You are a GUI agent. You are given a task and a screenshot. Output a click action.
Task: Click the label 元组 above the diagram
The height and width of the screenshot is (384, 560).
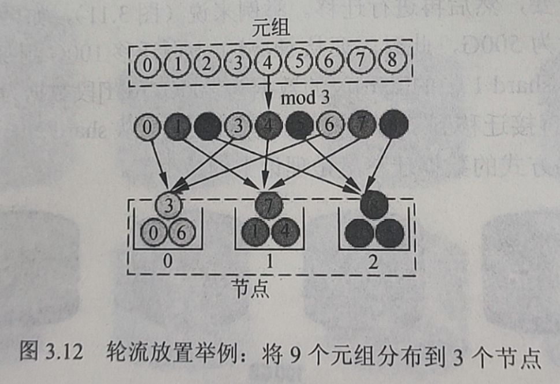(x=270, y=29)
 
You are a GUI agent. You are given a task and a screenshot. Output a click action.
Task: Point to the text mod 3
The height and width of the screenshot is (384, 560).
(x=305, y=98)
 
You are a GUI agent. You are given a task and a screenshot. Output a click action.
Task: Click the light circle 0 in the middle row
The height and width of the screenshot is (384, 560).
(x=148, y=125)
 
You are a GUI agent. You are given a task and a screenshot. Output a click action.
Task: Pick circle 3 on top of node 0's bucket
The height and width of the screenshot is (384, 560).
(x=168, y=205)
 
